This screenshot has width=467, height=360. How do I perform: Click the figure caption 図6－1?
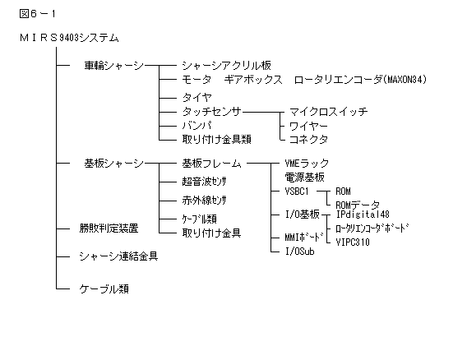click(37, 14)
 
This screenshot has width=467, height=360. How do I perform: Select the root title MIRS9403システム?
click(69, 38)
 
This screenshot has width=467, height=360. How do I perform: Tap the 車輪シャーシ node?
click(114, 66)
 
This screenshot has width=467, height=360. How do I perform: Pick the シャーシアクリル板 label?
click(227, 66)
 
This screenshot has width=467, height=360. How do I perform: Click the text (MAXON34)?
click(405, 80)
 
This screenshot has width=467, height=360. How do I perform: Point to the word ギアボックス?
click(253, 80)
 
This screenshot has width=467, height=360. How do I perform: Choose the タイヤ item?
click(197, 97)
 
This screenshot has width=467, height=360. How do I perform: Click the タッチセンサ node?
click(212, 112)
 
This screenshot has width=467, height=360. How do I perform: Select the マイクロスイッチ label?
click(329, 112)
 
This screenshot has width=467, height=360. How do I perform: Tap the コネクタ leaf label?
click(309, 139)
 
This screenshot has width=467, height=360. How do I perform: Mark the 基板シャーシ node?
click(114, 164)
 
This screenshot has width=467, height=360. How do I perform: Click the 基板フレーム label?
click(212, 164)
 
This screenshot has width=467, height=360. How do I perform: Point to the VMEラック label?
click(307, 164)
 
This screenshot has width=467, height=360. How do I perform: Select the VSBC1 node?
click(297, 192)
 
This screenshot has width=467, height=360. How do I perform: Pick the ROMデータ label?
click(358, 205)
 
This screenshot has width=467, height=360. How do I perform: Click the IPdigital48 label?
click(363, 214)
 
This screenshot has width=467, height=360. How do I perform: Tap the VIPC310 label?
click(353, 242)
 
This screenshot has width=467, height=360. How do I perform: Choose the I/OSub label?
click(300, 252)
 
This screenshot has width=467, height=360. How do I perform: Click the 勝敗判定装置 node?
click(109, 228)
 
